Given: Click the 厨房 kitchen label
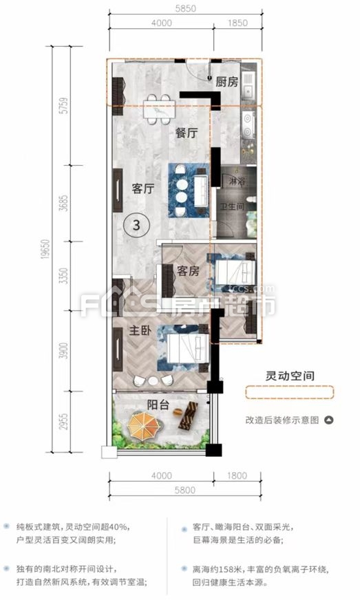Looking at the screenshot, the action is [226, 82].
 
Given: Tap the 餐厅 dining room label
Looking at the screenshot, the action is [187, 133].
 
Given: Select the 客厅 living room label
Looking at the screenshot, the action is [143, 189].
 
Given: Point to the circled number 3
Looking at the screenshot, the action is [137, 225].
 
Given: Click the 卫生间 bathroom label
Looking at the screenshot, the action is [233, 206].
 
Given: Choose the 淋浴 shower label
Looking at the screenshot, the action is [237, 182].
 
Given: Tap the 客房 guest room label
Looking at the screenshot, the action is [188, 271].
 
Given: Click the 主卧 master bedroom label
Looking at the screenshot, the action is [140, 330].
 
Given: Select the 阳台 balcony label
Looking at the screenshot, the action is [158, 405].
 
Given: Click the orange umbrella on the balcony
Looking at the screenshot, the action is [143, 424].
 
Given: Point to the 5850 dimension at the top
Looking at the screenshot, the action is [185, 8].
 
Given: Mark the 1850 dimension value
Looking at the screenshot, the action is [238, 23].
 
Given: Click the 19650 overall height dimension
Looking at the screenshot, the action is [46, 249].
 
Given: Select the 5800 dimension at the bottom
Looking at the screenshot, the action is [185, 490].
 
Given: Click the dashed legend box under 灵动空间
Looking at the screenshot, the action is [290, 393].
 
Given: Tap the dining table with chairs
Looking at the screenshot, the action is [159, 109].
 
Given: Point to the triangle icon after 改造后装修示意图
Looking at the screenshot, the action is [328, 420].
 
